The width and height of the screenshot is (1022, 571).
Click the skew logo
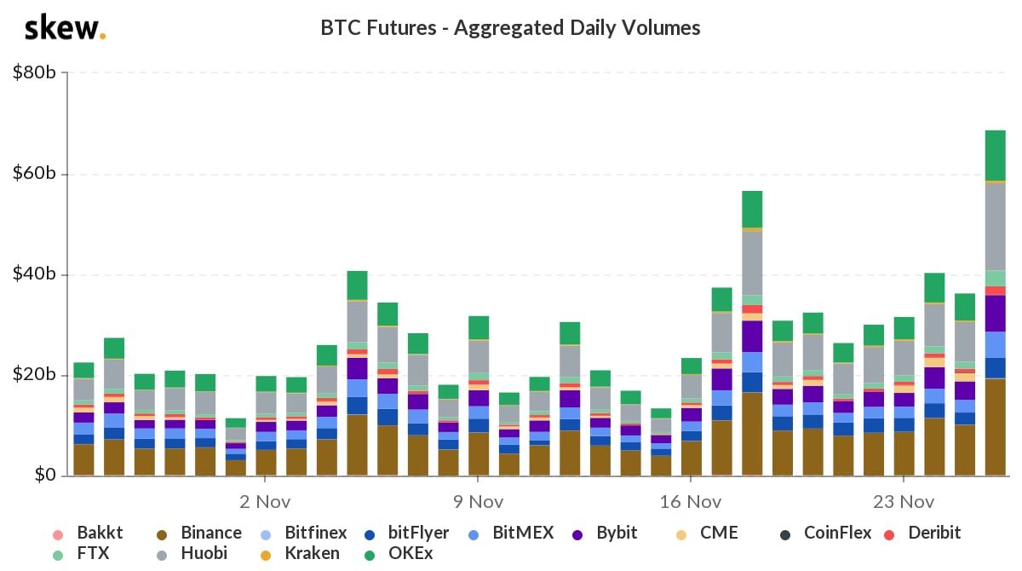coord(65,28)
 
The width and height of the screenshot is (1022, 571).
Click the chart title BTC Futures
coord(510,28)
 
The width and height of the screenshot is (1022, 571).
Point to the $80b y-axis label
coord(35,73)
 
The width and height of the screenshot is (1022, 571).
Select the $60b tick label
coord(35,174)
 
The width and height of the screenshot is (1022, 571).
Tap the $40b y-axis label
coord(35,274)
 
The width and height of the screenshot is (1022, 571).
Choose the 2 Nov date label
coord(265,501)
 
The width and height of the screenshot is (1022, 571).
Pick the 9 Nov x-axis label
coord(478,501)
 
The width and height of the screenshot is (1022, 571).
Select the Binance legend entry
coord(201,534)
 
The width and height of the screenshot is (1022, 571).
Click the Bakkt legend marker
coord(58,534)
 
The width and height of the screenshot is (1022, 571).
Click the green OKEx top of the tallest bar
coord(995,155)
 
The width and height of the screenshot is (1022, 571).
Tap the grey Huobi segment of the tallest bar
coord(995,226)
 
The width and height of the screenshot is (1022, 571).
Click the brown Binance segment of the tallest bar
coord(995,426)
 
